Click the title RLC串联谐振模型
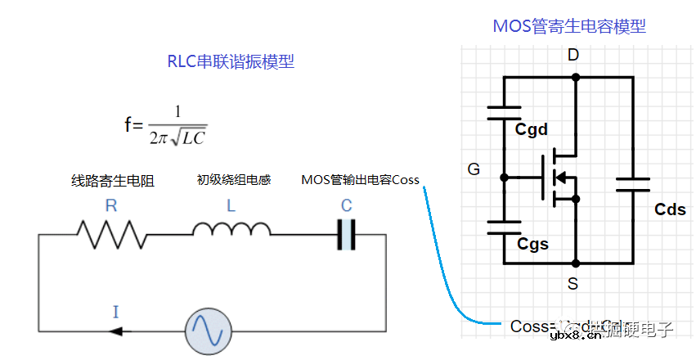point(231,62)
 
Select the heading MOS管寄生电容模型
point(568,26)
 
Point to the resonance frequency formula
point(166,124)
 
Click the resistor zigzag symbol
point(112,235)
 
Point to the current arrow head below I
point(115,331)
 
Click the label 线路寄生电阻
point(112,181)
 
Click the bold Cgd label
point(532,130)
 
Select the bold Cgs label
point(532,244)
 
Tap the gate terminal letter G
point(474,170)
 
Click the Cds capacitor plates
point(631,184)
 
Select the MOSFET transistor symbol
point(556,175)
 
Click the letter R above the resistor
point(111,206)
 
